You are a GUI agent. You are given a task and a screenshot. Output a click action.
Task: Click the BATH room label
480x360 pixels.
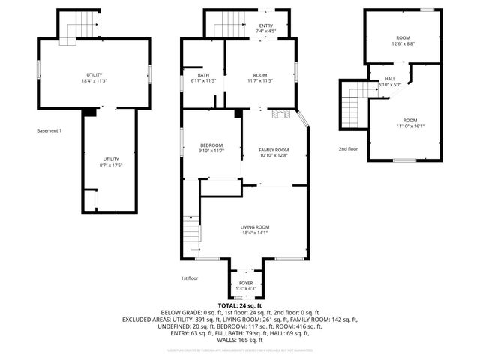203,75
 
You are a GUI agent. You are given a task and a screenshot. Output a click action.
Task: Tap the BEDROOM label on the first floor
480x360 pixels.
211,145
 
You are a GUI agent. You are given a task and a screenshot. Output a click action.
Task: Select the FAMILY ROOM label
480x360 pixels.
274,150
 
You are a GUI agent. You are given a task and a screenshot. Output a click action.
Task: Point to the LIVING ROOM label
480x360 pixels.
255,227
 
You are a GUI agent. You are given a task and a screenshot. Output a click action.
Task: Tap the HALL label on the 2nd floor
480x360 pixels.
390,79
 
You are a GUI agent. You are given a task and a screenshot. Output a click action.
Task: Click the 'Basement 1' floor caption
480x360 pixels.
49,131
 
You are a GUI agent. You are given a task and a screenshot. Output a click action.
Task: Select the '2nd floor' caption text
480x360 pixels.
349,149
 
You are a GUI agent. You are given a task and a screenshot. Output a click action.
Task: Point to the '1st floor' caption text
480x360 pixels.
190,277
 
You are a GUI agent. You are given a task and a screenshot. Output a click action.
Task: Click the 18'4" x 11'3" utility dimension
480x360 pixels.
94,81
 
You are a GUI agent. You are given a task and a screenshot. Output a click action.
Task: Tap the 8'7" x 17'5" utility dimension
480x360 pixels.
111,165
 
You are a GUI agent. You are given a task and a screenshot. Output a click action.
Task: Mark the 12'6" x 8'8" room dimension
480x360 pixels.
403,43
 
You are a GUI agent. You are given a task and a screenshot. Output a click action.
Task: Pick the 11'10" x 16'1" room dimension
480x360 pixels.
409,127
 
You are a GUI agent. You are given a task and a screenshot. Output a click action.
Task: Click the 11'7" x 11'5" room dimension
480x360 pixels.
260,81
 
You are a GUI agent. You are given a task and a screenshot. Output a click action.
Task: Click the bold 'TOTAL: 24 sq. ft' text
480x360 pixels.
240,306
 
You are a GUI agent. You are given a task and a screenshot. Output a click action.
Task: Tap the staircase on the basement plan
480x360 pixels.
79,27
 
